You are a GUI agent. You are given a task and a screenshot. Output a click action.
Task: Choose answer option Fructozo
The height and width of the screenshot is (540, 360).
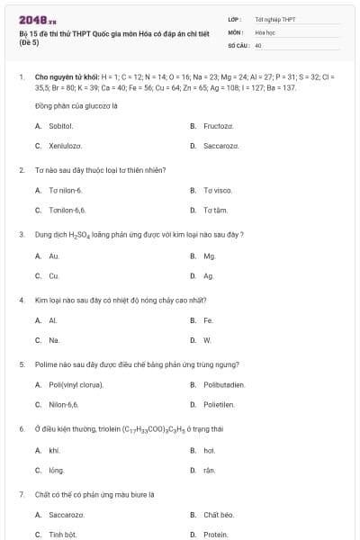point(218,126)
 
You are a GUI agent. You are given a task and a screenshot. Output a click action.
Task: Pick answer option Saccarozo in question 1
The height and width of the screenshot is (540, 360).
point(220,146)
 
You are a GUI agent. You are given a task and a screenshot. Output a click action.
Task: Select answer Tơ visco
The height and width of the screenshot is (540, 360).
point(218,191)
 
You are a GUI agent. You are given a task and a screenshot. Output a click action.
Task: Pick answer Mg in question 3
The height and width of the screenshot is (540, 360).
point(210,256)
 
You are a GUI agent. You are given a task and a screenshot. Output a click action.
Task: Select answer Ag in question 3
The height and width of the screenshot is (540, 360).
point(209,275)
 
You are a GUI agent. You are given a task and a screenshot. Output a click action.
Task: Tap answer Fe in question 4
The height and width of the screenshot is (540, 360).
point(208,320)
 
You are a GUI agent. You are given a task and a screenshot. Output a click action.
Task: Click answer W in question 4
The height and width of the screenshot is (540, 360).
point(207,340)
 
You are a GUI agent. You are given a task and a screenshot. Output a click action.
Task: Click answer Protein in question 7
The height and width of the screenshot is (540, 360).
point(216,535)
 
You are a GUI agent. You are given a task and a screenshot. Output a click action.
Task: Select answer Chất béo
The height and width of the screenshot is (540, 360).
point(219,515)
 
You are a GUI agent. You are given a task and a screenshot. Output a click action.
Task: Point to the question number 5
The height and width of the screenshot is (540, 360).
point(21,364)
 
